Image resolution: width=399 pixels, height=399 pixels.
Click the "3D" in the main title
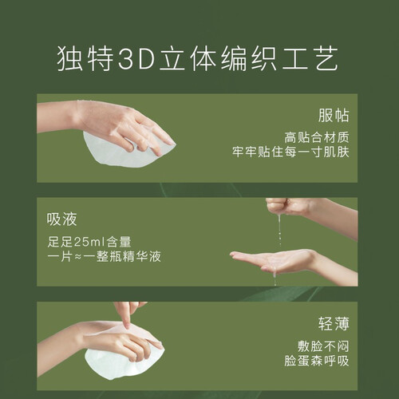136,58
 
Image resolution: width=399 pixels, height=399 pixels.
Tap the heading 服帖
334,116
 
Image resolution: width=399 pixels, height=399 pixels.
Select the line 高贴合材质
317,137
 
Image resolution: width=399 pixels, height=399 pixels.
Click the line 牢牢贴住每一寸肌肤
290,152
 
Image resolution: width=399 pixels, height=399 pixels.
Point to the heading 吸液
61,219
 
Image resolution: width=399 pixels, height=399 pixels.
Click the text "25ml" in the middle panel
89,242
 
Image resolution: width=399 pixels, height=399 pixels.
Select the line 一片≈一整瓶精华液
104,257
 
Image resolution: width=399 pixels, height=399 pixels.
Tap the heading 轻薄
334,324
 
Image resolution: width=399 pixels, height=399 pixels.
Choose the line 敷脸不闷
323,346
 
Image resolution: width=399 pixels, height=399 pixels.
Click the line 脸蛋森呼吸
317,361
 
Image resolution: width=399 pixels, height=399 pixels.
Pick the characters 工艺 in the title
310,58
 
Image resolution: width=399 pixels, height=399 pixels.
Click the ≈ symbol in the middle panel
77,257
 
